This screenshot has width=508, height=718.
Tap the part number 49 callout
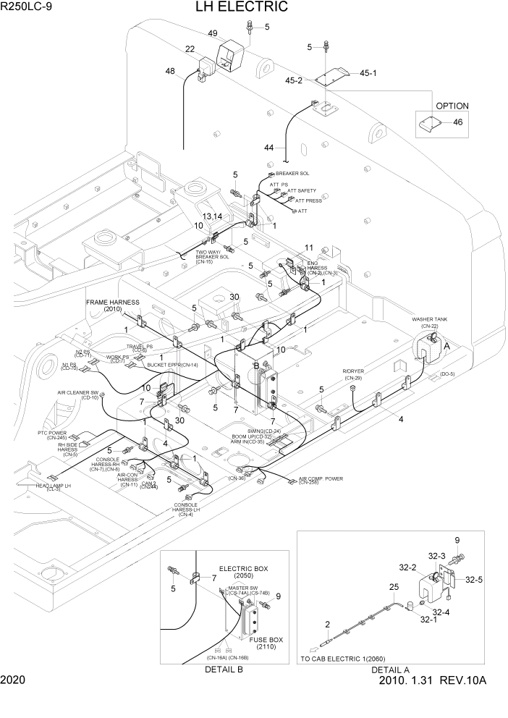tap(213, 33)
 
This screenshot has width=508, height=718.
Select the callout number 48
tap(170, 72)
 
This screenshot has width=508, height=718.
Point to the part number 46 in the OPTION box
tap(457, 122)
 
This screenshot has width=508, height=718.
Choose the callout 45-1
tap(368, 72)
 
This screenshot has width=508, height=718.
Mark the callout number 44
tap(269, 148)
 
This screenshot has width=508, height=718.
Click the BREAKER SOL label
tap(292, 174)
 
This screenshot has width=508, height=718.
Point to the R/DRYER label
tap(352, 371)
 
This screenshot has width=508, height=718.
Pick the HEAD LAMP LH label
tap(54, 486)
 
